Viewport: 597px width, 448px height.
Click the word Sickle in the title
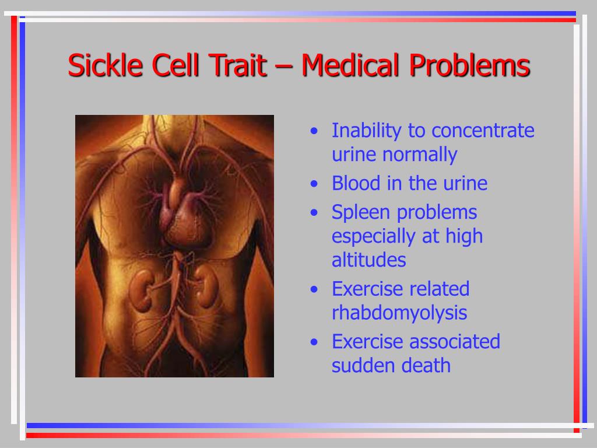coord(105,65)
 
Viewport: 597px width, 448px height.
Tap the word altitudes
coord(368,260)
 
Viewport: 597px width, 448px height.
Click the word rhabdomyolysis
coord(399,313)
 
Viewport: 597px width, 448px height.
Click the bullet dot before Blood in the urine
coord(314,184)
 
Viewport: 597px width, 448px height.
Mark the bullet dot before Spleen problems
coord(314,212)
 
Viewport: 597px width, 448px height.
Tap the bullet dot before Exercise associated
coord(314,342)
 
